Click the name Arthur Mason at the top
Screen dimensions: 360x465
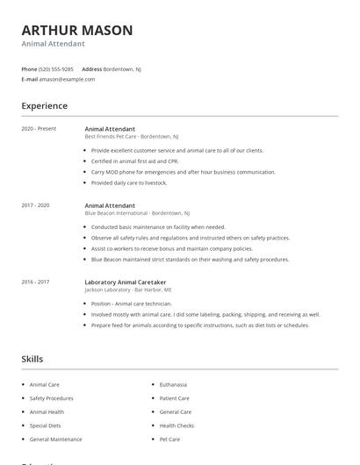tap(77, 30)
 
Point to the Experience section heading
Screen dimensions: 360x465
tap(45, 106)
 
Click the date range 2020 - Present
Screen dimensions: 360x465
tap(39, 129)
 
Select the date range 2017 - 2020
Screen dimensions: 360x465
tap(35, 205)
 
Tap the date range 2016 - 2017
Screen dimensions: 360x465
tap(35, 282)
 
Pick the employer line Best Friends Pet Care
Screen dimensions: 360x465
tap(131, 137)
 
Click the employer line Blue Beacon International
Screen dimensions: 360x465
tap(136, 213)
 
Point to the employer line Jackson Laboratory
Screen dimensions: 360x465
tap(127, 290)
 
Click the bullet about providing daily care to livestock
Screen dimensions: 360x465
tap(128, 182)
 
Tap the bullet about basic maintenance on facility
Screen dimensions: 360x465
tap(158, 227)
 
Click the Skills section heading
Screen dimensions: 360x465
tap(32, 359)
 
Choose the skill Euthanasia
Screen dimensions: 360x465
tap(174, 384)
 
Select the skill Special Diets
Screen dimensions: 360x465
tap(46, 426)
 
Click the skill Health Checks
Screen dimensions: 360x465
tap(176, 426)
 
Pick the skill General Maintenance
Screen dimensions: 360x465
tap(55, 439)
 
